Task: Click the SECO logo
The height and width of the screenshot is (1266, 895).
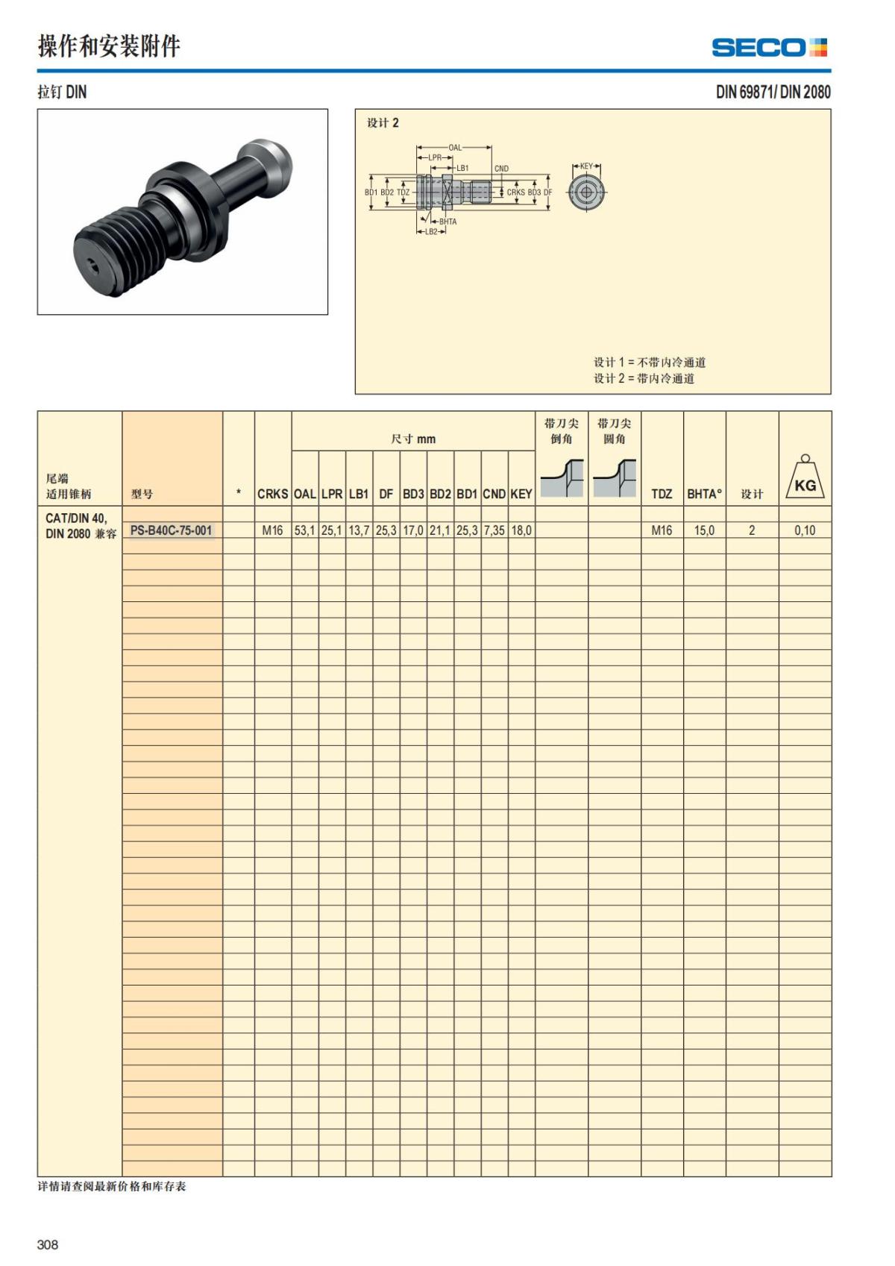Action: pyautogui.click(x=768, y=48)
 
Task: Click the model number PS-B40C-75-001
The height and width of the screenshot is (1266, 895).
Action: pyautogui.click(x=171, y=530)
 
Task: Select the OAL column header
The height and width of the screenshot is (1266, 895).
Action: pyautogui.click(x=304, y=494)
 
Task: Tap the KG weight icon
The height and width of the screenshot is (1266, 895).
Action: pyautogui.click(x=805, y=480)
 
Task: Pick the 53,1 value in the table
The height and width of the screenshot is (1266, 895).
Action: pyautogui.click(x=304, y=530)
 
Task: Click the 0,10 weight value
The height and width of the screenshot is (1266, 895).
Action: pyautogui.click(x=805, y=530)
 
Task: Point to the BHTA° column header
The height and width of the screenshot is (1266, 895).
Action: pyautogui.click(x=704, y=494)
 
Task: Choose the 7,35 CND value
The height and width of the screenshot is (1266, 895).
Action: pyautogui.click(x=494, y=530)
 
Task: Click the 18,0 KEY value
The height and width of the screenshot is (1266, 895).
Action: pyautogui.click(x=521, y=530)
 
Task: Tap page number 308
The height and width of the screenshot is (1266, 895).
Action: pyautogui.click(x=48, y=1244)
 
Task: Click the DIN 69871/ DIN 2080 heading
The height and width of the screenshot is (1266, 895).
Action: pyautogui.click(x=773, y=92)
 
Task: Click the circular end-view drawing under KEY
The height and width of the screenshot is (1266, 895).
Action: pyautogui.click(x=586, y=192)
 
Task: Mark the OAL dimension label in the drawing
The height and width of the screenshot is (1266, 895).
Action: pyautogui.click(x=455, y=148)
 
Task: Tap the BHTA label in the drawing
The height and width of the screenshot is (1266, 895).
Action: pyautogui.click(x=447, y=222)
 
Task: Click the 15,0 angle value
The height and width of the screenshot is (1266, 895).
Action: pyautogui.click(x=704, y=530)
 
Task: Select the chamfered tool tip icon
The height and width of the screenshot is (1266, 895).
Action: pyautogui.click(x=562, y=478)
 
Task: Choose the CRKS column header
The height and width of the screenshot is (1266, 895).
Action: pyautogui.click(x=272, y=494)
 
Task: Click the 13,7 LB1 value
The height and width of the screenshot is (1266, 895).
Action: pyautogui.click(x=359, y=530)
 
